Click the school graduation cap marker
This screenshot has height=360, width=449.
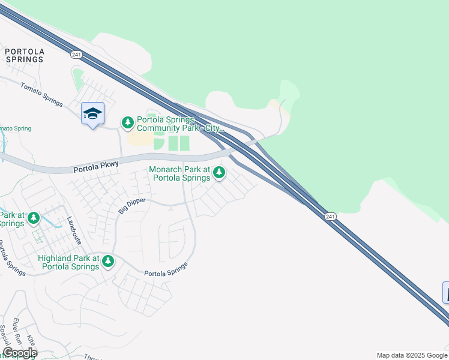click(92, 113)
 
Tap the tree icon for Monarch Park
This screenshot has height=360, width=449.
click(219, 173)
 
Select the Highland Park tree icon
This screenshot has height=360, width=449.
click(108, 261)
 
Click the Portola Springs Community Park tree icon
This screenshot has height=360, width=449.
click(128, 123)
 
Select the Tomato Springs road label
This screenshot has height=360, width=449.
click(41, 95)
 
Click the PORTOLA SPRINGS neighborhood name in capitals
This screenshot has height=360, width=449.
click(24, 55)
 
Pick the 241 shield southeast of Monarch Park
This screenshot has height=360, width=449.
click(330, 216)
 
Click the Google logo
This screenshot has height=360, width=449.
click(19, 353)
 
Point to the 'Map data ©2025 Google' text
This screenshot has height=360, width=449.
click(412, 355)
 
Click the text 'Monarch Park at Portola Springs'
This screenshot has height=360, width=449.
click(180, 173)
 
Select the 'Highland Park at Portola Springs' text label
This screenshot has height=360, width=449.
click(68, 262)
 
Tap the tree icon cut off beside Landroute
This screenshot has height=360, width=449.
click(34, 218)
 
